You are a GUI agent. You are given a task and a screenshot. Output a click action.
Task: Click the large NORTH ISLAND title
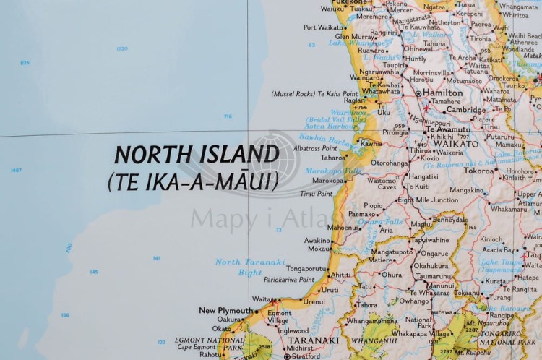197,155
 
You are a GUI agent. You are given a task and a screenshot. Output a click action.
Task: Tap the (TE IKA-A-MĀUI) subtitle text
192,181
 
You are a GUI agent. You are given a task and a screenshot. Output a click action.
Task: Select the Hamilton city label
443,93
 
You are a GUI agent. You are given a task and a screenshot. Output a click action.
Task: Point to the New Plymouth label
226,311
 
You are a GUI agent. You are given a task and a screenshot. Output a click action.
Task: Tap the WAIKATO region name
455,144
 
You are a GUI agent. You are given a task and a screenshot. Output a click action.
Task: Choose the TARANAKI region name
313,340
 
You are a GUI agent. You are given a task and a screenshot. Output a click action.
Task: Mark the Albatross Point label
317,148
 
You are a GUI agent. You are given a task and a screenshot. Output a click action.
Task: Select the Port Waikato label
324,27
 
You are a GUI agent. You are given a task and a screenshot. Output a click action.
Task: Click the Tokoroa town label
478,171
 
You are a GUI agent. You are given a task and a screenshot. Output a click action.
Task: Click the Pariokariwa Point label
288,280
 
